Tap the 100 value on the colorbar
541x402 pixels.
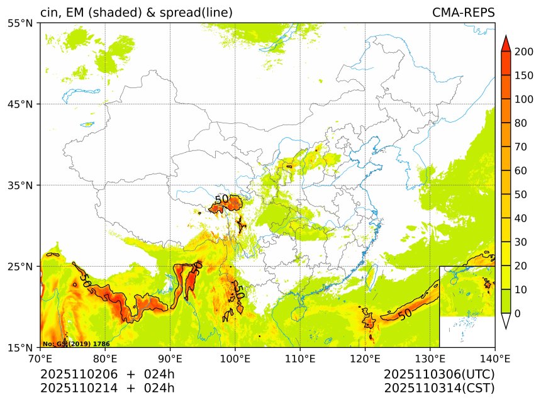coord(524,99)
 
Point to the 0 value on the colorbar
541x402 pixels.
coord(517,313)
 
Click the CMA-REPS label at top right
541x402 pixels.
coord(463,13)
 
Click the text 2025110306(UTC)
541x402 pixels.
coord(439,374)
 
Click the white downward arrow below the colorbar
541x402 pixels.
coord(505,321)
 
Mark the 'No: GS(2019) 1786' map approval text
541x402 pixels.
coord(76,344)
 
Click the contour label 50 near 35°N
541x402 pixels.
coord(221,199)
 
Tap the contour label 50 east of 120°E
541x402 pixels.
coord(405,313)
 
